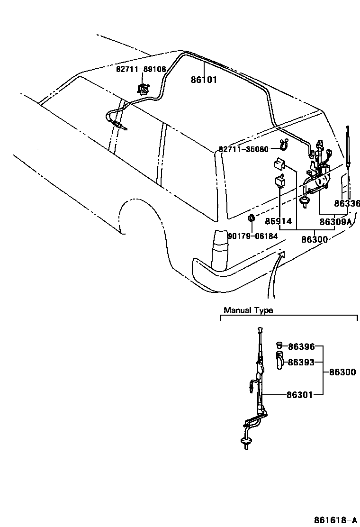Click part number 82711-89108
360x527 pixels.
(141, 69)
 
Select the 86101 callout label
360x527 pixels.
(204, 80)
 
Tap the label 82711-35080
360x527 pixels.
(243, 149)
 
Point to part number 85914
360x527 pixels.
(278, 221)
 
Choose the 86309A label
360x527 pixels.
(335, 221)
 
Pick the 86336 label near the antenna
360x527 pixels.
(347, 204)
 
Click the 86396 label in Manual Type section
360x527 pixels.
(301, 347)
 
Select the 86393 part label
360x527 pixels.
(301, 362)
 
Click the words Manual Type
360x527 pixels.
(248, 311)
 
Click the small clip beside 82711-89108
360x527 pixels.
(143, 88)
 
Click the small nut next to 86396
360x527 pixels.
(280, 345)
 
